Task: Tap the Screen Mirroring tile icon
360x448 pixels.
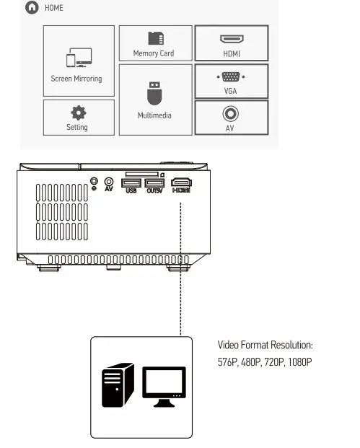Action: coord(76,60)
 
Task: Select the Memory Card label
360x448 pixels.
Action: coord(153,53)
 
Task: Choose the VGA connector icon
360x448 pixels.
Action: coord(230,77)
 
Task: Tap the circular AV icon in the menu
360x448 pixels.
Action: coord(230,114)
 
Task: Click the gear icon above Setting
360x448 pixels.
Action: coord(76,113)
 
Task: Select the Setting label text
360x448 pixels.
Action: coord(76,128)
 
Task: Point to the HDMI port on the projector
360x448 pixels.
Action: coord(182,183)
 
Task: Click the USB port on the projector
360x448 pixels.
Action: coord(131,183)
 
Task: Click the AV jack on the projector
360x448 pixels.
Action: coord(109,183)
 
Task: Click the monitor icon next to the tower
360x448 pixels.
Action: coord(164,385)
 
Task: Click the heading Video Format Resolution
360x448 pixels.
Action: coord(265,346)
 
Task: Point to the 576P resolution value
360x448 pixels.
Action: coord(228,361)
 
